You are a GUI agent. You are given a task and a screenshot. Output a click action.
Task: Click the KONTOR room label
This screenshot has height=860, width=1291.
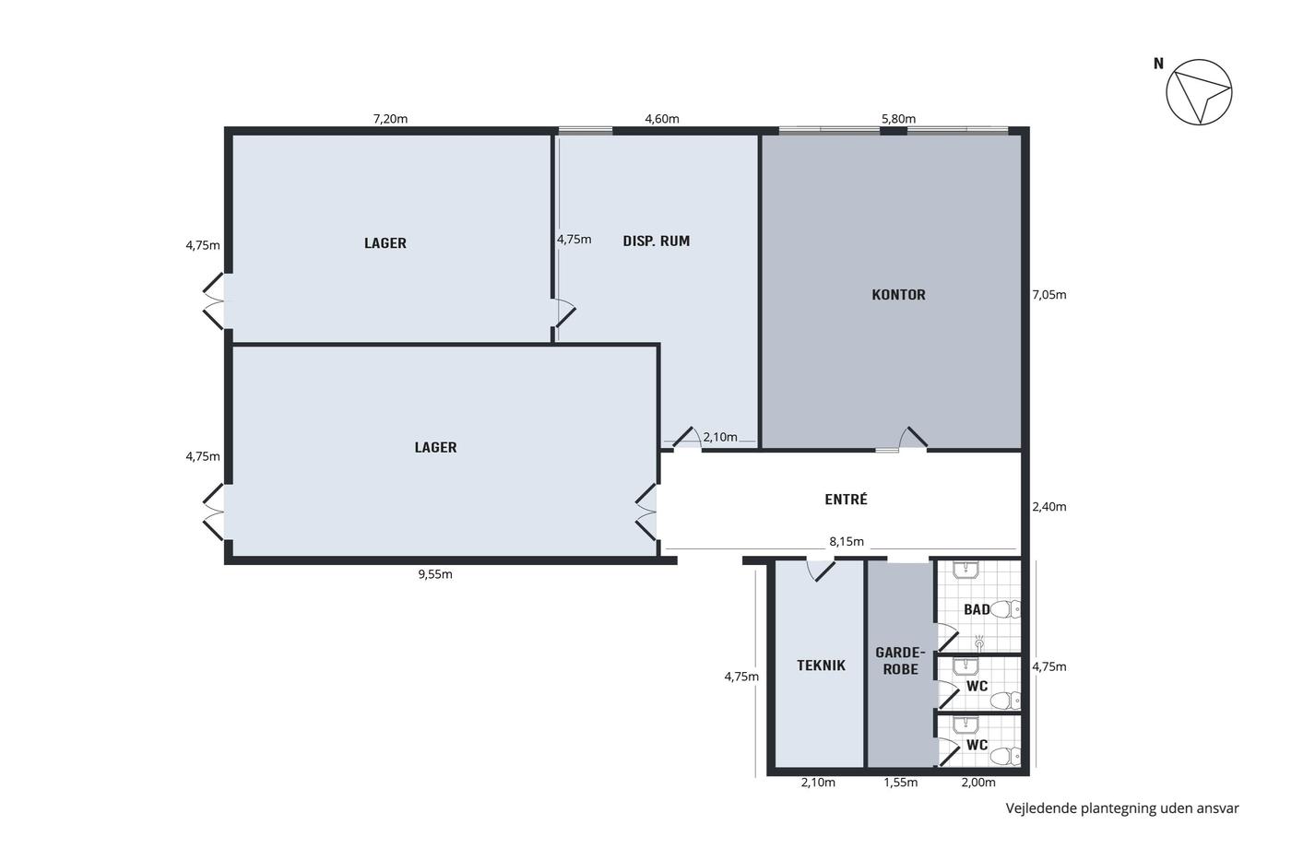898,295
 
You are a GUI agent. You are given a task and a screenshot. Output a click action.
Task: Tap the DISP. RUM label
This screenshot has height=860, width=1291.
656,241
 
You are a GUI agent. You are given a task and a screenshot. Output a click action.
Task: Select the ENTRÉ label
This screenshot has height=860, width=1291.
846,499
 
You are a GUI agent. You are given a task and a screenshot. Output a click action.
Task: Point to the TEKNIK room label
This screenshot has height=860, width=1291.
821,666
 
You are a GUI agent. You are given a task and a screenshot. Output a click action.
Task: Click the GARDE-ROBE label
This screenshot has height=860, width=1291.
900,661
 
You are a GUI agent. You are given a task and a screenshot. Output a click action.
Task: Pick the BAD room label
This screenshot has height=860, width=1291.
977,609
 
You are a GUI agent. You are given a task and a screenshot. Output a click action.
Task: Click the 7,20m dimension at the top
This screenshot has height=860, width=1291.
390,119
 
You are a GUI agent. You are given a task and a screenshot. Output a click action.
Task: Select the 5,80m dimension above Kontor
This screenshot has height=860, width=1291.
898,119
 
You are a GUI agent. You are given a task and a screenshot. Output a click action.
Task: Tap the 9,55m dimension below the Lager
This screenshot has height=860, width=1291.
435,574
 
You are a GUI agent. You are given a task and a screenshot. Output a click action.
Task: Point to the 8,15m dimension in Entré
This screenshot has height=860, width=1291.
847,541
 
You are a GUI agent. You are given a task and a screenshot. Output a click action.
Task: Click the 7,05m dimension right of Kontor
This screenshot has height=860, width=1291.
1049,295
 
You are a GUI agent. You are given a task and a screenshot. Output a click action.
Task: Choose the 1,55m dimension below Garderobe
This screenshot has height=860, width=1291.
901,783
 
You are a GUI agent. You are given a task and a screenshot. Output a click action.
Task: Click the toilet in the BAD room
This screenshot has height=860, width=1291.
1007,609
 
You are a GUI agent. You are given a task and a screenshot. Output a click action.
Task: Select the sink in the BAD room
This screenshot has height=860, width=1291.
965,570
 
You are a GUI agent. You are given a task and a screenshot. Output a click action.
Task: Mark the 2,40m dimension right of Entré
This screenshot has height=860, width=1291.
1049,507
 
